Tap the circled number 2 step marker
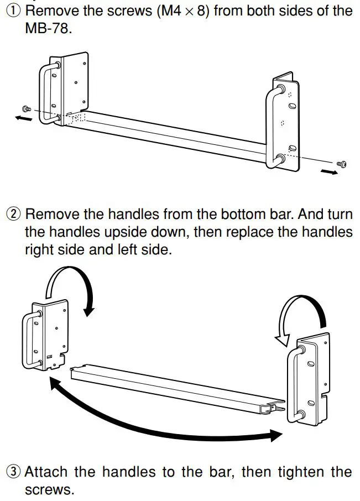tap(12, 215)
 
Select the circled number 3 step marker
tap(12, 472)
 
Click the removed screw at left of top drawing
tap(25, 108)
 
